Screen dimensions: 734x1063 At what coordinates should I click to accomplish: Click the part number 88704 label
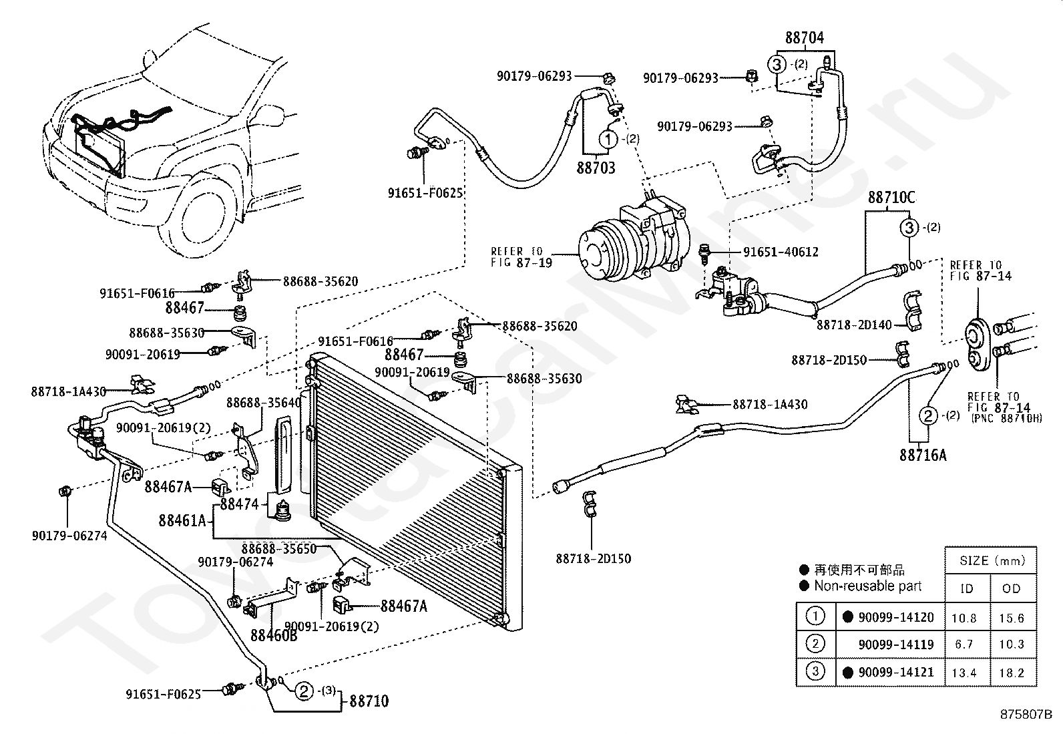805,38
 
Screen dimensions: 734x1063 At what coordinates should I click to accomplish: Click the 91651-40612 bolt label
781,252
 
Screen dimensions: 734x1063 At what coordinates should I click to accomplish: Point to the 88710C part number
891,198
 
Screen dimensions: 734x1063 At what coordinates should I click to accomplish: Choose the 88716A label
923,455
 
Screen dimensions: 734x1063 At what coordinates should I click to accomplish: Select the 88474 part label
239,504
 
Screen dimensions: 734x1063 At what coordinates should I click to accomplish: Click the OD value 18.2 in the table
1012,673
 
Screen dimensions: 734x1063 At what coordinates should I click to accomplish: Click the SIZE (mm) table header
992,560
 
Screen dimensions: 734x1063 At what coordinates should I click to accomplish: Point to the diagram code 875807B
1026,714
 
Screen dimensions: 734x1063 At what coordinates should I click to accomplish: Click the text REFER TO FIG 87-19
521,256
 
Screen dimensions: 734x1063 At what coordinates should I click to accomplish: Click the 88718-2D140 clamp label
854,325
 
